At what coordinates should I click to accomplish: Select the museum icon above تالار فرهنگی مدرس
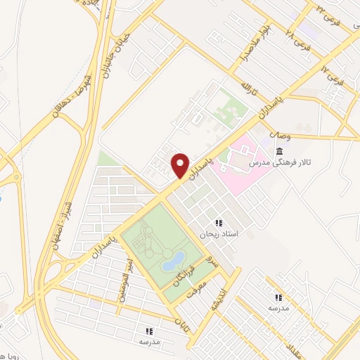280,152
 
